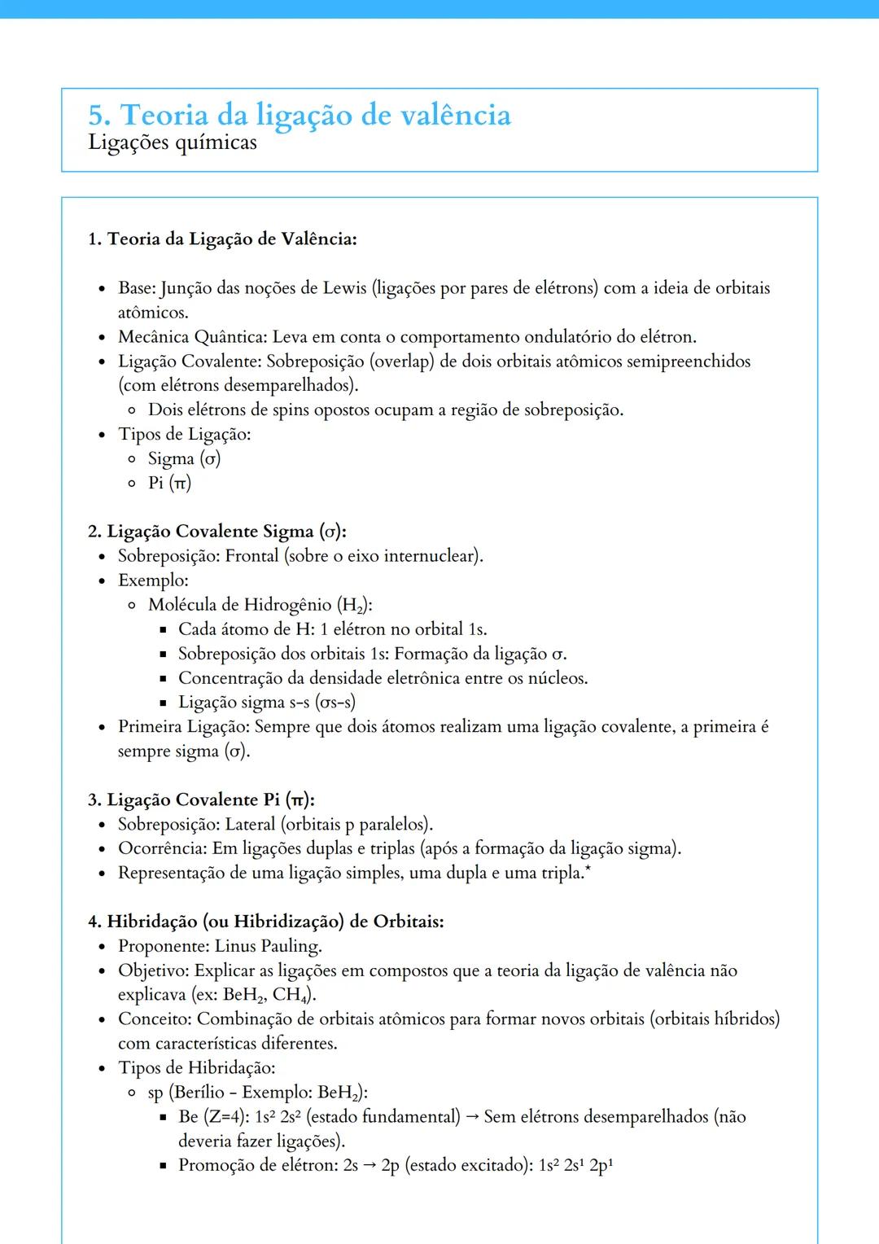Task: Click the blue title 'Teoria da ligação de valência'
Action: [316, 115]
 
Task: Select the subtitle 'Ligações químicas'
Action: [173, 142]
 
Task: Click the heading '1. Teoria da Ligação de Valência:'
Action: [222, 239]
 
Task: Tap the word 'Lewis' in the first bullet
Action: [344, 288]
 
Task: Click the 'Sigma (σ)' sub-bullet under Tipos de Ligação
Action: [184, 459]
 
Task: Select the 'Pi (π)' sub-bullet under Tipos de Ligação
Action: [169, 484]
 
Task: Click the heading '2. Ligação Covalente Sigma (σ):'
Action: [217, 532]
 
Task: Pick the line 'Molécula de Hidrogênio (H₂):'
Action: [260, 605]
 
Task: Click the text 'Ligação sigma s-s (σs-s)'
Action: [266, 703]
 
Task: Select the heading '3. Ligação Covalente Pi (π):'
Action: [201, 800]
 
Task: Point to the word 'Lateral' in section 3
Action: [251, 825]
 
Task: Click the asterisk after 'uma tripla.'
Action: [588, 870]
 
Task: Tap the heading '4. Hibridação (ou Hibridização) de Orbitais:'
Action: [265, 922]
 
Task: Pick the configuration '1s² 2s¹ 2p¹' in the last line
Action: [575, 1166]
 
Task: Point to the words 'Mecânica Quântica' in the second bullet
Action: [191, 337]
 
